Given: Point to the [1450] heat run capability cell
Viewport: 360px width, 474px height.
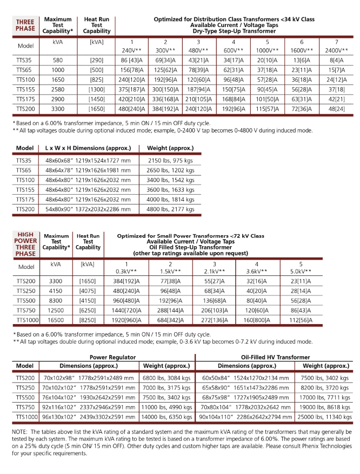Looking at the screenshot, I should pyautogui.click(x=97, y=98).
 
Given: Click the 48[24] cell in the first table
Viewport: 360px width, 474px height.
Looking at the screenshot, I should pyautogui.click(x=337, y=108).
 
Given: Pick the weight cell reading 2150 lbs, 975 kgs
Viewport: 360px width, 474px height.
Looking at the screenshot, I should pyautogui.click(x=170, y=161).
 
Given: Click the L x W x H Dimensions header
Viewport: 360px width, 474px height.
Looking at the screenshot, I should pyautogui.click(x=88, y=148).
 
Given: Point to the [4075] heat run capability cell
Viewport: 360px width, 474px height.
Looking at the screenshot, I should pyautogui.click(x=88, y=291).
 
